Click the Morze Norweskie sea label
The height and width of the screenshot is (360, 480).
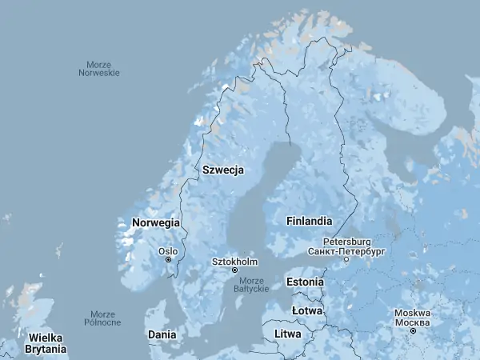[99, 68]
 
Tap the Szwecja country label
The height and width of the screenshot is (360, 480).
[223, 170]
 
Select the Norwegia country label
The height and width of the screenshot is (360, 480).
[156, 222]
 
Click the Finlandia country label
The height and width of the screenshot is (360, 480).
[309, 220]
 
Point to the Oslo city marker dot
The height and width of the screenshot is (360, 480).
[169, 259]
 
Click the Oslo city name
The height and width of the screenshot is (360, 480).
[168, 250]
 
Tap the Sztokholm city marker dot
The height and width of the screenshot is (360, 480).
[234, 270]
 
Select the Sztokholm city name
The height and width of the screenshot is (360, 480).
[234, 262]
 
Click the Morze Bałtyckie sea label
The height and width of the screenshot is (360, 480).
[251, 284]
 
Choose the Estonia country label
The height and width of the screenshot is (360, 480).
[306, 282]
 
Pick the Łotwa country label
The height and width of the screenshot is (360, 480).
[307, 310]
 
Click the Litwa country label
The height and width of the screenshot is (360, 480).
[288, 333]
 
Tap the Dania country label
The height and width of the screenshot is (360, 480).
[161, 334]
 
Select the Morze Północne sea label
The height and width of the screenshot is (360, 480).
[102, 318]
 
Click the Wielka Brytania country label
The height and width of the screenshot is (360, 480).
[45, 343]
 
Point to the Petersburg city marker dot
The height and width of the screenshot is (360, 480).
[346, 259]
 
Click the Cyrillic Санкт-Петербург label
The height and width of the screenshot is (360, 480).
[346, 250]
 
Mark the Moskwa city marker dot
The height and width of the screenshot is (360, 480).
[413, 330]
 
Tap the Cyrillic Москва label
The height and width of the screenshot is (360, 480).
[413, 322]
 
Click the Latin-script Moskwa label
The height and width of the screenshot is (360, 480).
[413, 313]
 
